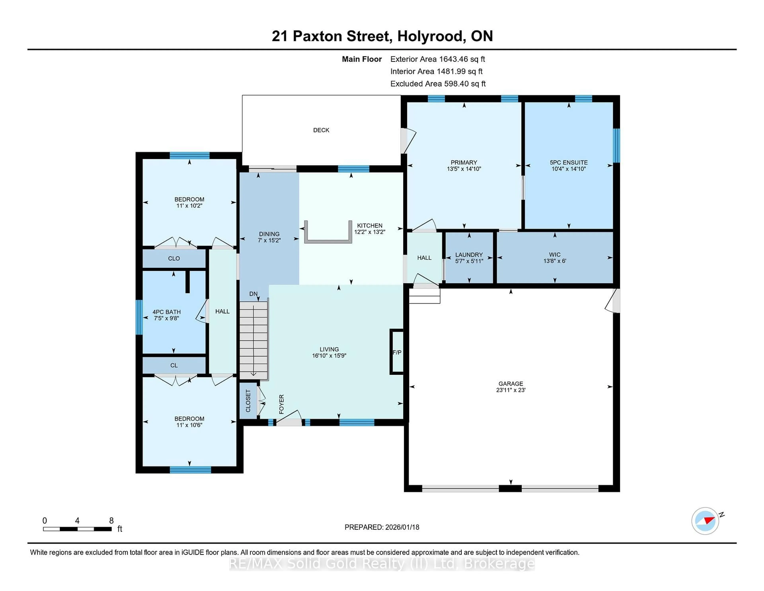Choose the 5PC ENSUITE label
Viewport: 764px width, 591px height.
[568, 162]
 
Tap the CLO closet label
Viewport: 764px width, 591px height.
[174, 259]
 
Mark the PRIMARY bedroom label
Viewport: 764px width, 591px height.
[464, 162]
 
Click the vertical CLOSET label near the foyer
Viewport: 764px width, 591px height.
[248, 401]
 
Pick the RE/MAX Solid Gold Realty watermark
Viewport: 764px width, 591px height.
[382, 564]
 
